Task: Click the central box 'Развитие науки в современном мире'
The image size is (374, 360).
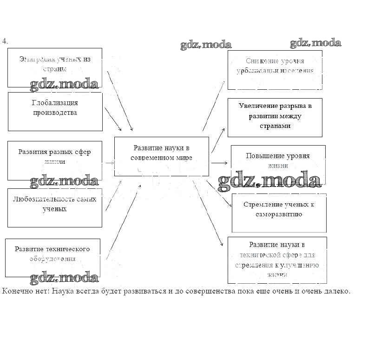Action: (161, 156)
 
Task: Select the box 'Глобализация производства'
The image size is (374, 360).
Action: (55, 111)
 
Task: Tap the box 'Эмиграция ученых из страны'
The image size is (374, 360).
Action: (55, 67)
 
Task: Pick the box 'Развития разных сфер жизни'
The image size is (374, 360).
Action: (55, 160)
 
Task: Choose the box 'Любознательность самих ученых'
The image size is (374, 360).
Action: (55, 207)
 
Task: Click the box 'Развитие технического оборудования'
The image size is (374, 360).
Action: (52, 257)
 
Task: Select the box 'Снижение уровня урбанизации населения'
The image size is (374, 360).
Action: (275, 70)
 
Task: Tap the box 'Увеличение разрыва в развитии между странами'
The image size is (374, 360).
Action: (275, 117)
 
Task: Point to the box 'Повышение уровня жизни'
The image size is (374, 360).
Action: (278, 160)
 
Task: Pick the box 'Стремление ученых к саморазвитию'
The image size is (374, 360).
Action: (279, 213)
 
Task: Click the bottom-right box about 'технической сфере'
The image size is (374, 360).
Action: (277, 260)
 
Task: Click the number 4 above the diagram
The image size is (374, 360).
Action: (5, 41)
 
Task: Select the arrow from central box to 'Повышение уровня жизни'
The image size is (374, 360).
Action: (219, 163)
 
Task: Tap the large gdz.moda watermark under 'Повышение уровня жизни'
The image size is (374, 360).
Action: (269, 180)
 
